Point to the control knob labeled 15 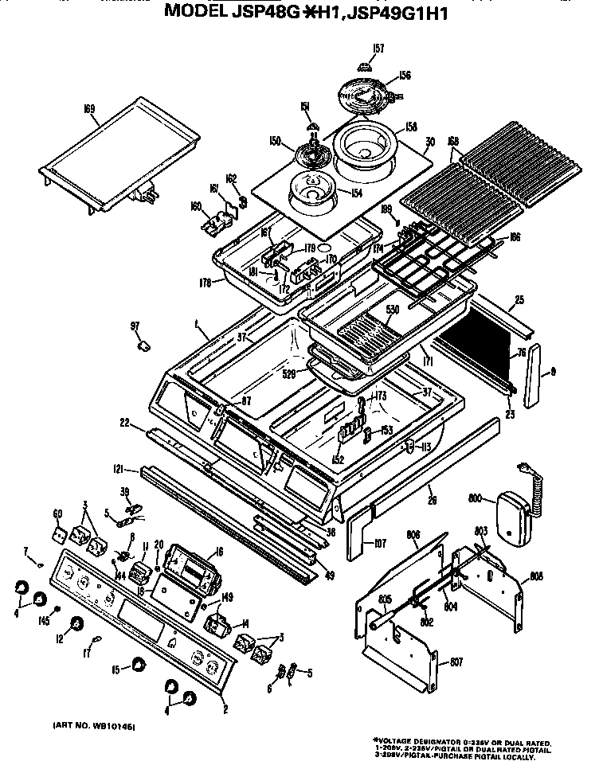[139, 665]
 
